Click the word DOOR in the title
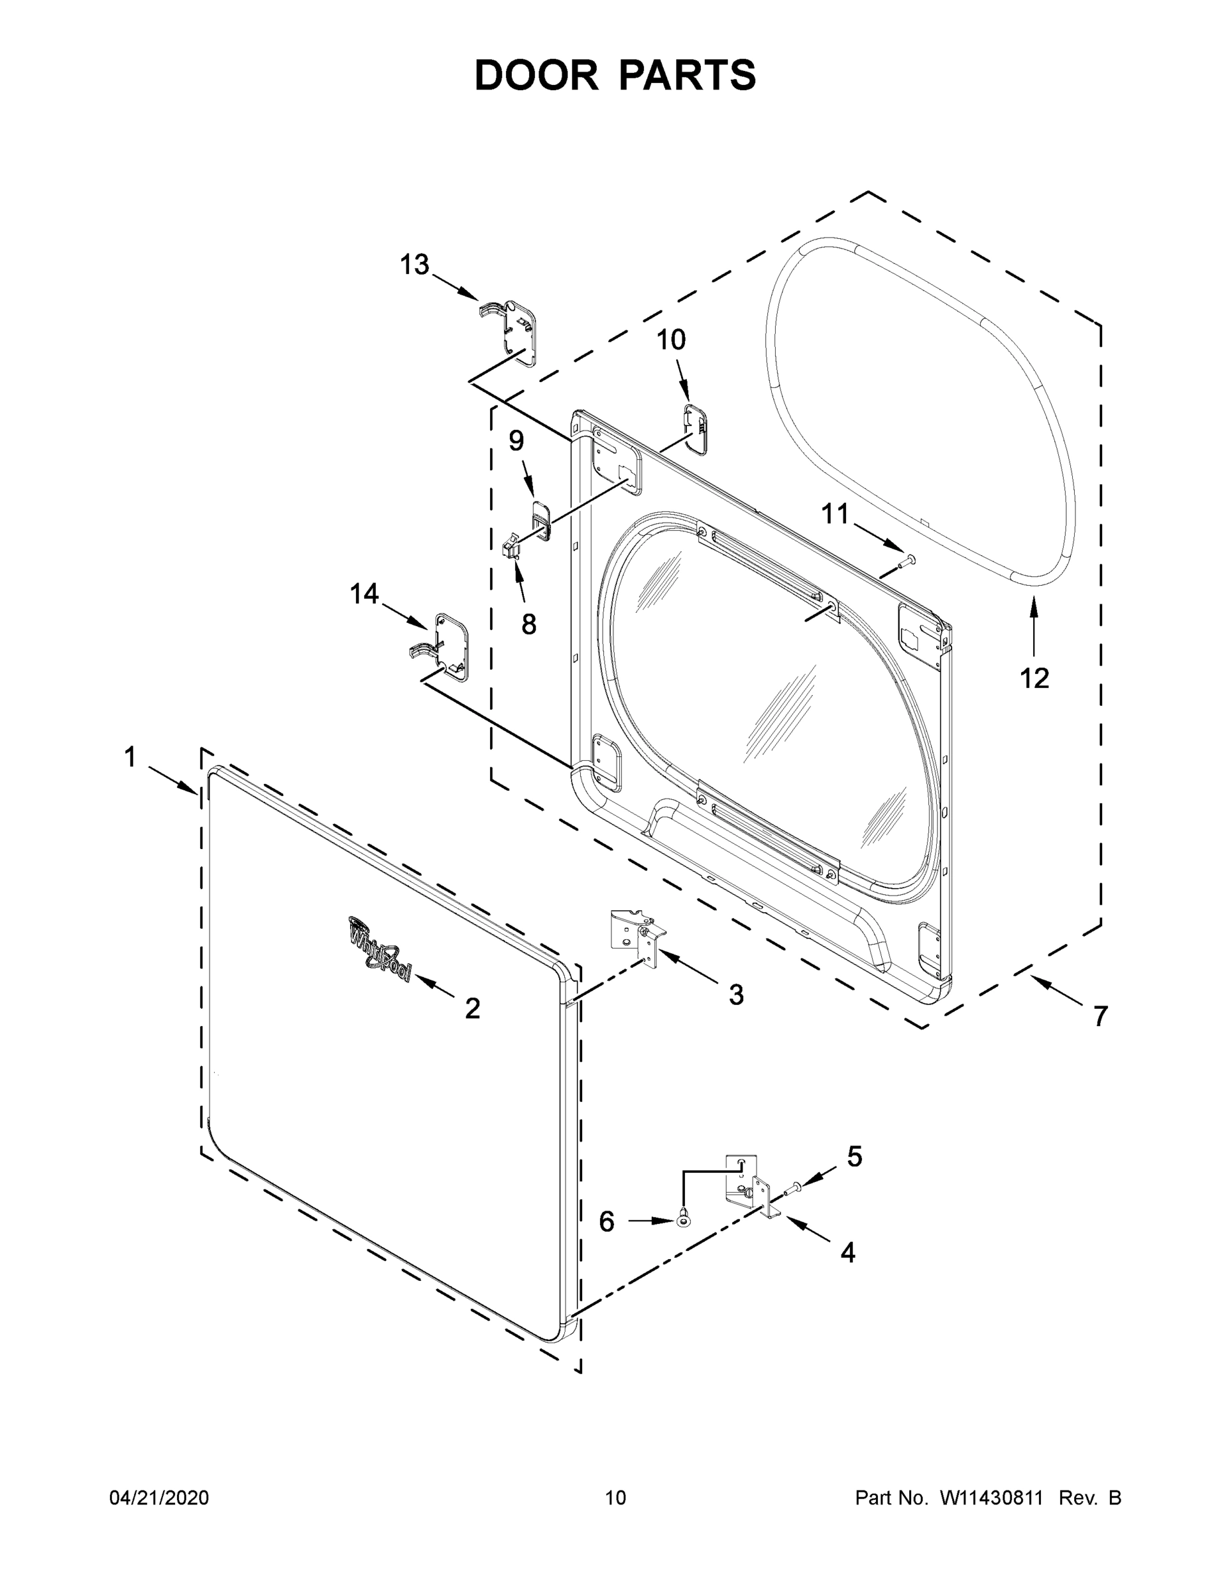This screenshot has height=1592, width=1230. click(x=536, y=75)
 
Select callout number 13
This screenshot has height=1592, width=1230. click(x=414, y=265)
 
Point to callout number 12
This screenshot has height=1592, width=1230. click(x=1034, y=678)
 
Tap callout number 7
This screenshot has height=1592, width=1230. click(x=1099, y=1016)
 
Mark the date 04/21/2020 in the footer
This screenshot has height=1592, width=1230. click(x=159, y=1497)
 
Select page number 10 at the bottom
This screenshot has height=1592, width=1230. click(x=615, y=1497)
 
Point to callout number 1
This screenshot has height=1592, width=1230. click(x=130, y=758)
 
